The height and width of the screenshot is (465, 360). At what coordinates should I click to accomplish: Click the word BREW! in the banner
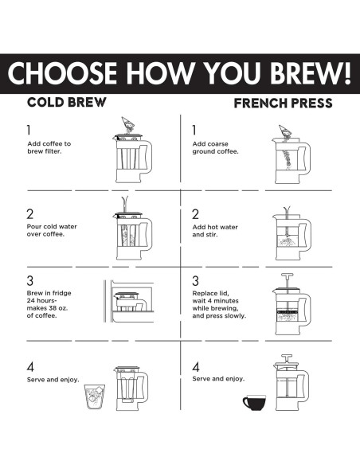coord(310,73)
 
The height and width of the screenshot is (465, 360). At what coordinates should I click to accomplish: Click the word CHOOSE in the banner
coord(62,73)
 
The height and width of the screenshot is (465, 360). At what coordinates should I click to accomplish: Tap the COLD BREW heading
coord(66,102)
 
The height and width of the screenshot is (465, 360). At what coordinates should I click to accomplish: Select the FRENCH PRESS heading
coord(284,104)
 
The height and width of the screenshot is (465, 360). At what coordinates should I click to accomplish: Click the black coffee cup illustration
coord(254,402)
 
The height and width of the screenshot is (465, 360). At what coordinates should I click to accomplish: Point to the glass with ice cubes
coord(95,397)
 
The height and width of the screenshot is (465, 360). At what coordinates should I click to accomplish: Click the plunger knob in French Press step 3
coord(287,275)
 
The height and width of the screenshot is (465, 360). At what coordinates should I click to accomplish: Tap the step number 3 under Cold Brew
coord(30,280)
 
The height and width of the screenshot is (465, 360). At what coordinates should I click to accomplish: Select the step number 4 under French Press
coord(196,367)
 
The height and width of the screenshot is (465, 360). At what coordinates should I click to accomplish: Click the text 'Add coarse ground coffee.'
coord(215,147)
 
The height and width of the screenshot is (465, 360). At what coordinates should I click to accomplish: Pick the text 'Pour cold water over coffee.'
coord(52,230)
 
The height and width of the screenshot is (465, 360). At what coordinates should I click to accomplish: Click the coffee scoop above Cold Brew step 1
coord(127,123)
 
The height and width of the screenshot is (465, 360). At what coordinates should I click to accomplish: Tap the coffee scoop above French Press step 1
coord(285,131)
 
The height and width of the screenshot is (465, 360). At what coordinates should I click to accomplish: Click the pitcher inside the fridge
coord(130,302)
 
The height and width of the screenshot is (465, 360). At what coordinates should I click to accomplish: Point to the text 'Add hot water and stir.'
coord(215,231)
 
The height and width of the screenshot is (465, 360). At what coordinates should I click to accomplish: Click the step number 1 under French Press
coord(194,130)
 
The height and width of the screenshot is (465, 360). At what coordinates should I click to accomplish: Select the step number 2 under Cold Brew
coord(30,214)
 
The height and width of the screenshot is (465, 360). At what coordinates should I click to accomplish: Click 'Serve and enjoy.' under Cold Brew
coord(53,380)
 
